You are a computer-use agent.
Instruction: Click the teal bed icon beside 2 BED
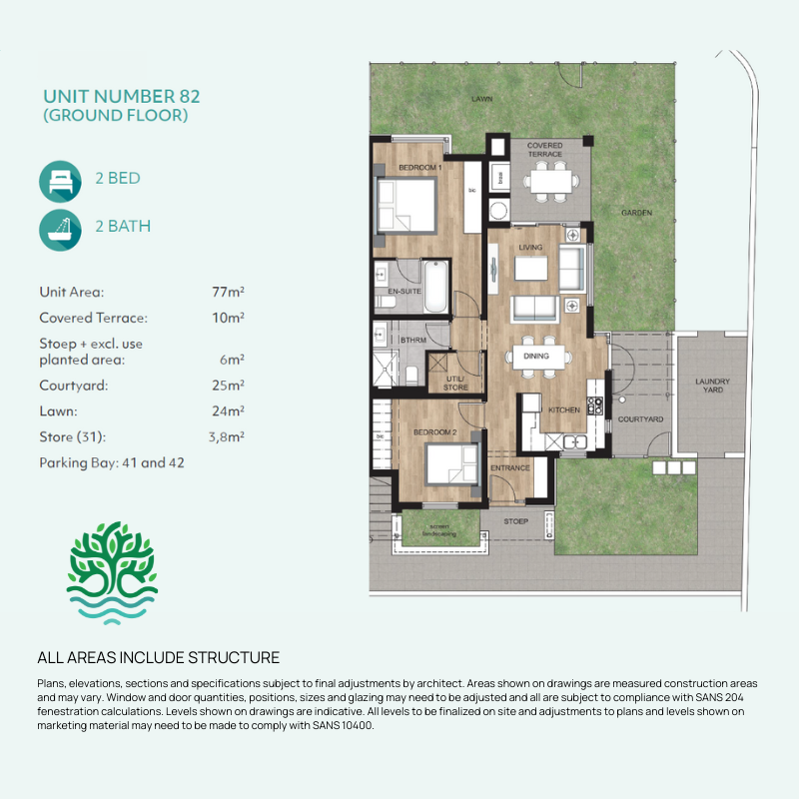pyautogui.click(x=60, y=180)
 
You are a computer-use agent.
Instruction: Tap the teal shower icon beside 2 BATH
pyautogui.click(x=60, y=227)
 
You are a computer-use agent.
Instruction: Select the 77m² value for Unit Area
pyautogui.click(x=227, y=293)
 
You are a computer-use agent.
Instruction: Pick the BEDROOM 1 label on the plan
pyautogui.click(x=419, y=168)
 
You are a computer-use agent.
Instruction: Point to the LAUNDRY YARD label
pyautogui.click(x=713, y=386)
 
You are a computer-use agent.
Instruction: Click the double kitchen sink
pyautogui.click(x=573, y=441)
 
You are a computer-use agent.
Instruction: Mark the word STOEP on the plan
pyautogui.click(x=516, y=520)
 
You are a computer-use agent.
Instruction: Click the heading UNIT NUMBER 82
pyautogui.click(x=121, y=97)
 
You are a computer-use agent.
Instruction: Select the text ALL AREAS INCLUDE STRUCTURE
pyautogui.click(x=158, y=657)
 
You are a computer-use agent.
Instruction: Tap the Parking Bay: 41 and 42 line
pyautogui.click(x=112, y=463)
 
